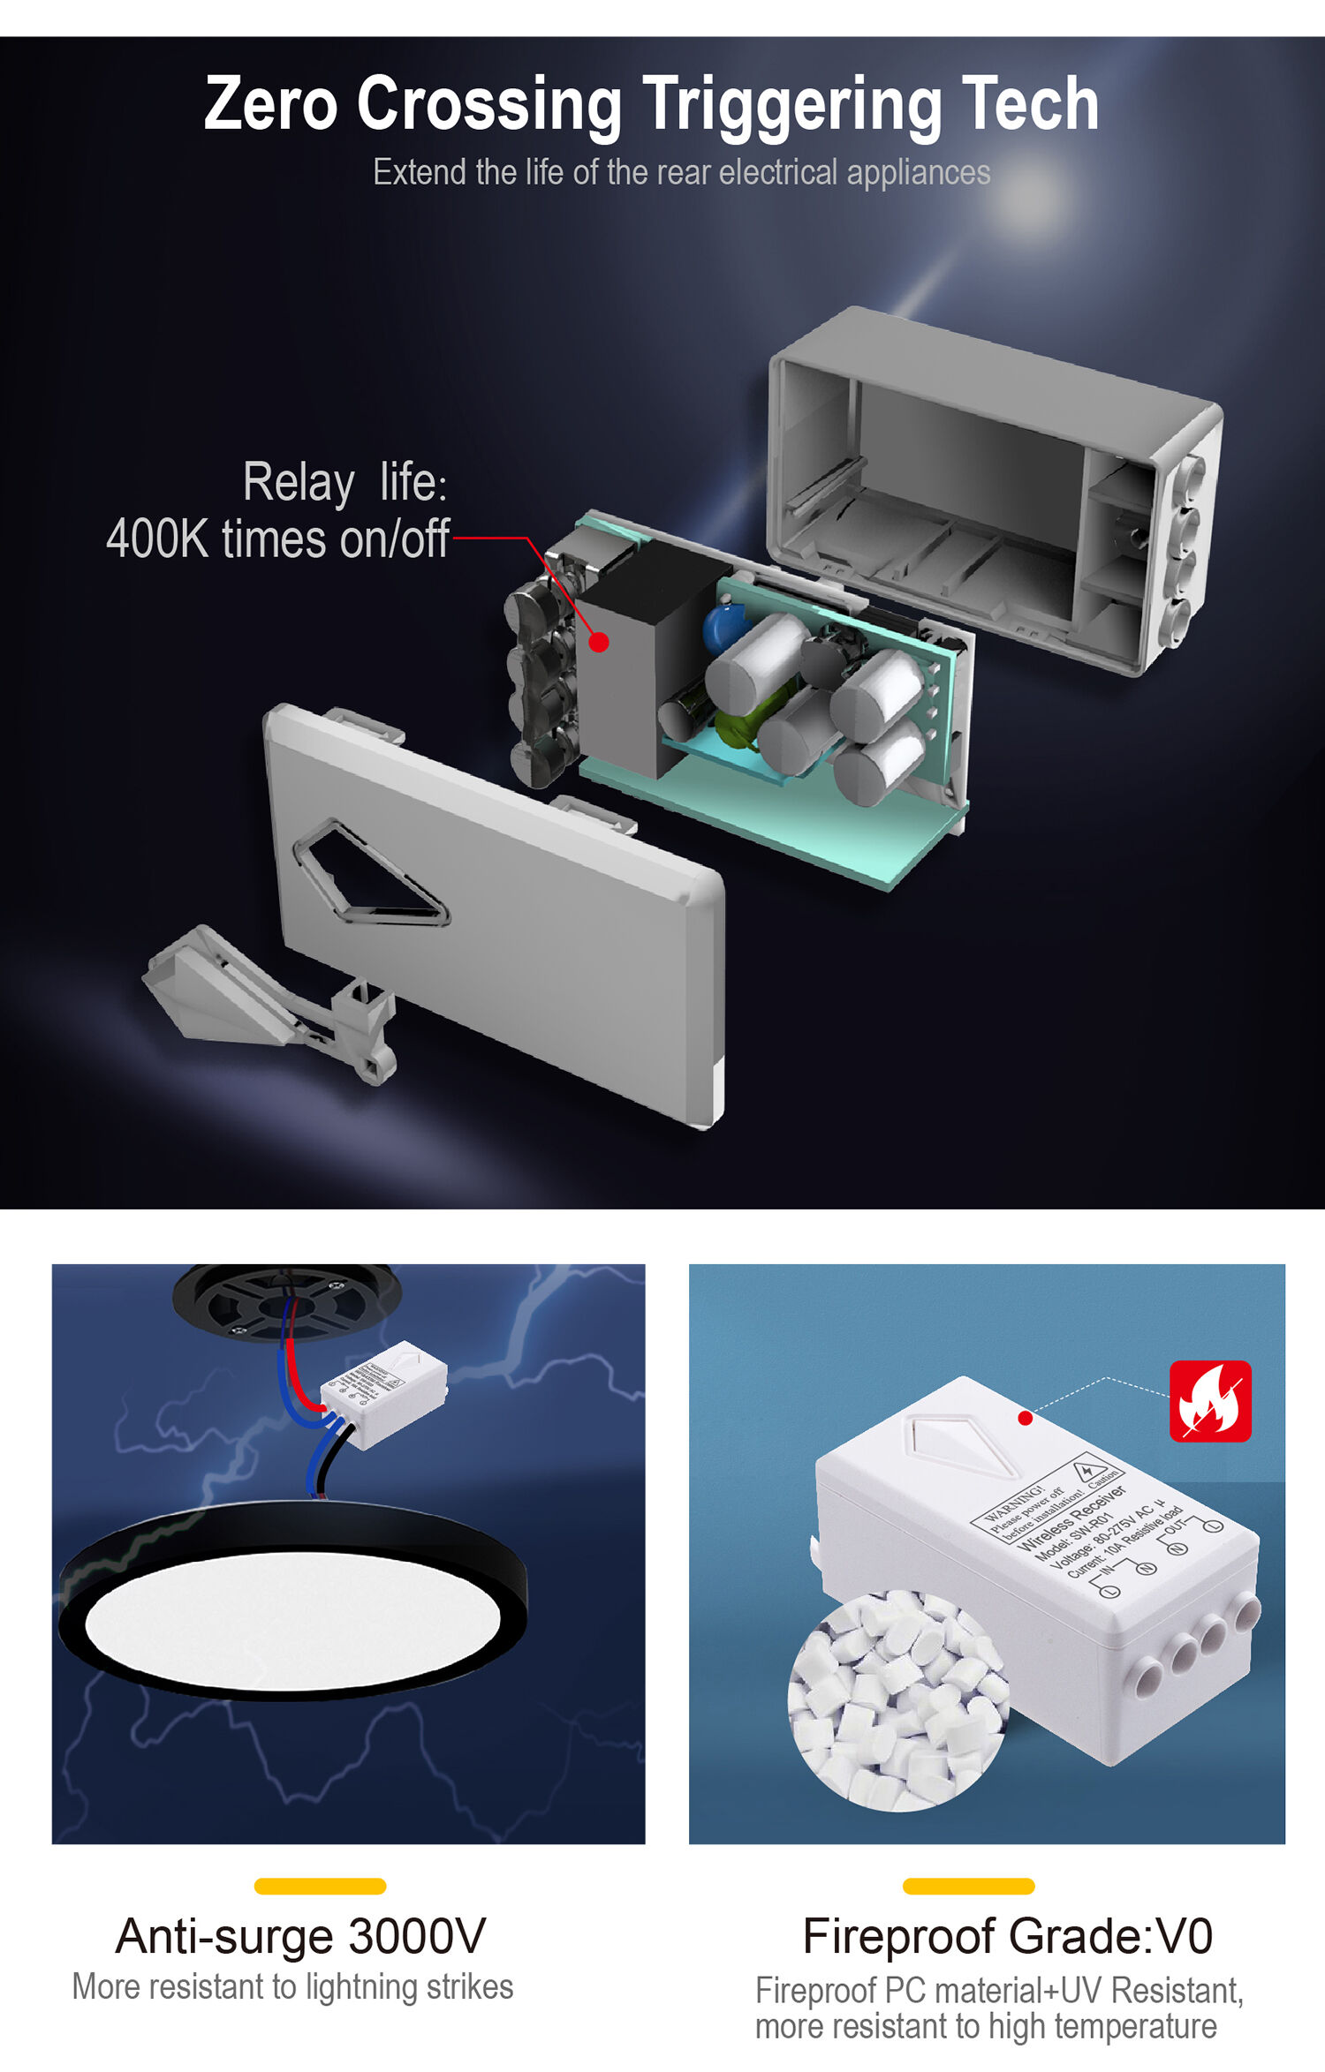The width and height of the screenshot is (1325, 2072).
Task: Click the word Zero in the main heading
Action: (x=270, y=105)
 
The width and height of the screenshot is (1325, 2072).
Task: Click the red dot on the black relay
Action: (x=599, y=643)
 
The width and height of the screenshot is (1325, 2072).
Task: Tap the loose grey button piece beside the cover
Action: (x=265, y=998)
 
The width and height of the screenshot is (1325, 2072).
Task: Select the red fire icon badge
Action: (x=1209, y=1401)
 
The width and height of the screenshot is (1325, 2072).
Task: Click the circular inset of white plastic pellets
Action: (x=897, y=1700)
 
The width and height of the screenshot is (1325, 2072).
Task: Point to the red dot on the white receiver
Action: (x=1025, y=1418)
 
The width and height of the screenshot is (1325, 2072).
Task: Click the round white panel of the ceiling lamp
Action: (x=292, y=1620)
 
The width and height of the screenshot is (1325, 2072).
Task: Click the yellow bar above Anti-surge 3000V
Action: (x=320, y=1887)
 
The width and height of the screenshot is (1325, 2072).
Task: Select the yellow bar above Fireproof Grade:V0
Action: (x=968, y=1887)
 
